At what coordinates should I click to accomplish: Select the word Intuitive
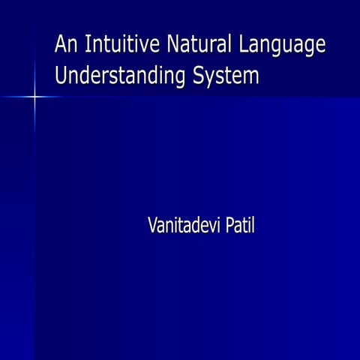121,45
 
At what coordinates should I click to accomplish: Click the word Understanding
121,76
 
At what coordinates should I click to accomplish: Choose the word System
226,77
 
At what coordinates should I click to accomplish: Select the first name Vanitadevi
180,225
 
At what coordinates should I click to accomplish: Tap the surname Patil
236,225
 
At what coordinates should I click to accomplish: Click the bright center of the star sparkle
34,96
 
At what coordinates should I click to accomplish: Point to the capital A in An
61,44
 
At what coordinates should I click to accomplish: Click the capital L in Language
243,44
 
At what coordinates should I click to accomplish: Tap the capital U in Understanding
61,76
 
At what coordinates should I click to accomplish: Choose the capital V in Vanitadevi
154,225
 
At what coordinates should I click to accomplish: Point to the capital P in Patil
222,225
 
